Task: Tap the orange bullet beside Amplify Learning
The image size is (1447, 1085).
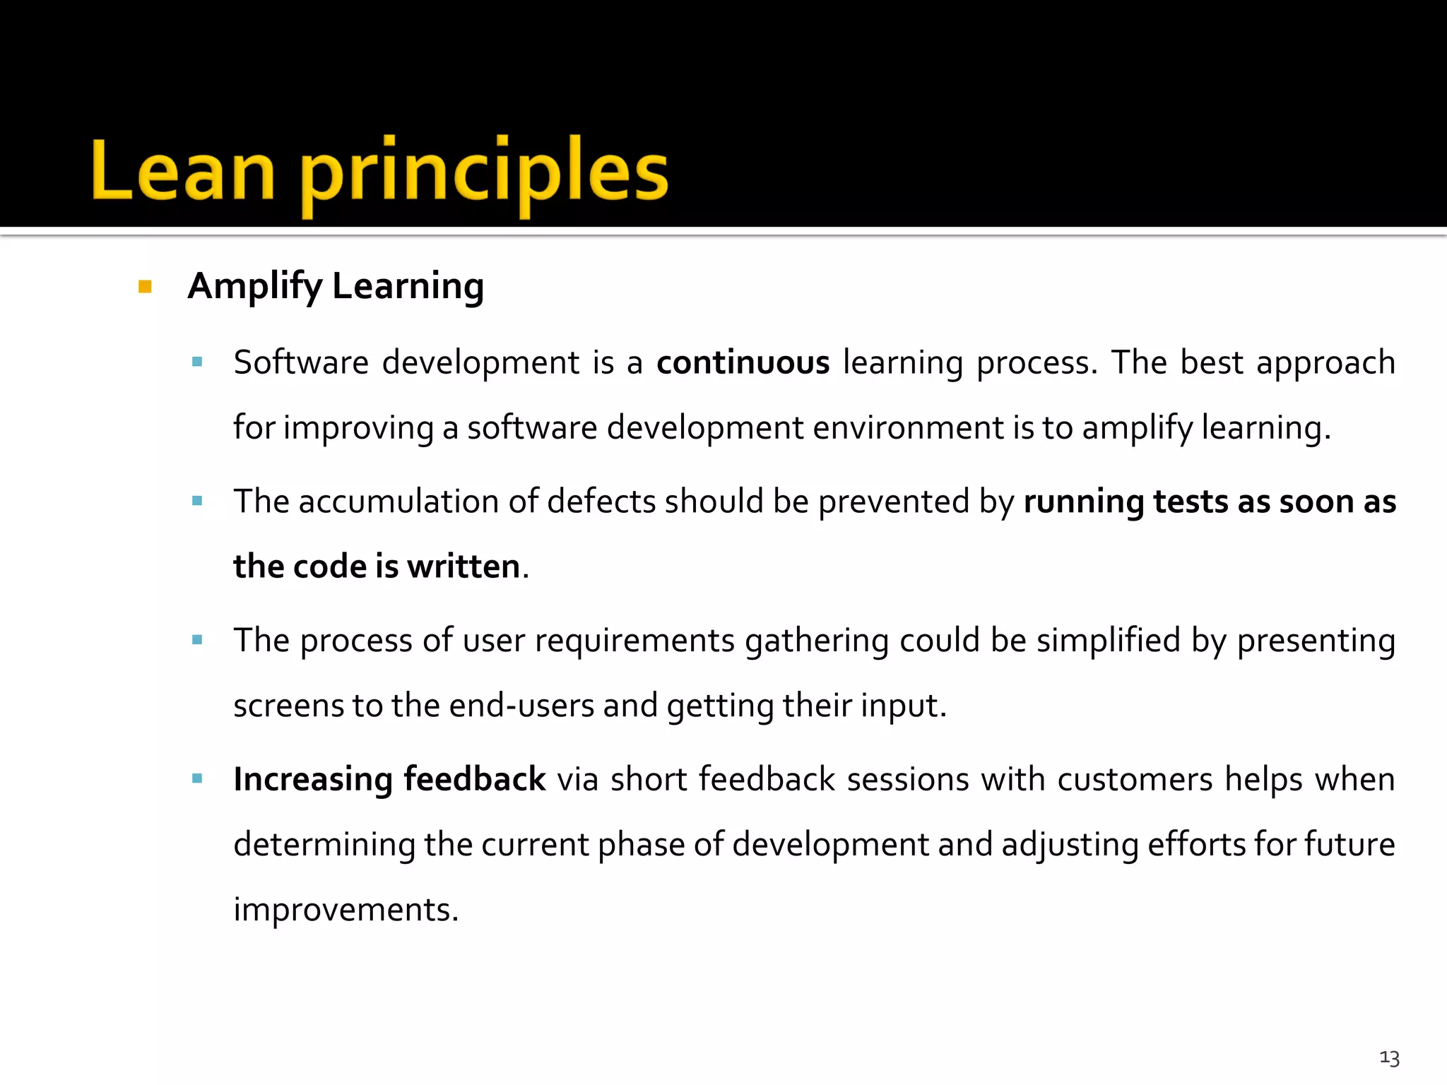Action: click(146, 287)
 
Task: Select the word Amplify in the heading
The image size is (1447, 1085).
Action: click(254, 287)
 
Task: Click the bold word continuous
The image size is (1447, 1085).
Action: click(743, 363)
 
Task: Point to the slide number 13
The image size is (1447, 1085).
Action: click(1389, 1057)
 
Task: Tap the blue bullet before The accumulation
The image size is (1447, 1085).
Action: click(197, 502)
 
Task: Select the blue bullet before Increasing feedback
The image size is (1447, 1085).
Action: click(197, 779)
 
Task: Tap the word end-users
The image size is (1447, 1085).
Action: click(521, 706)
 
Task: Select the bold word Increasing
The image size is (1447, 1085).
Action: click(312, 780)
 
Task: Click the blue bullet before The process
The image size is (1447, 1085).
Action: click(197, 641)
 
